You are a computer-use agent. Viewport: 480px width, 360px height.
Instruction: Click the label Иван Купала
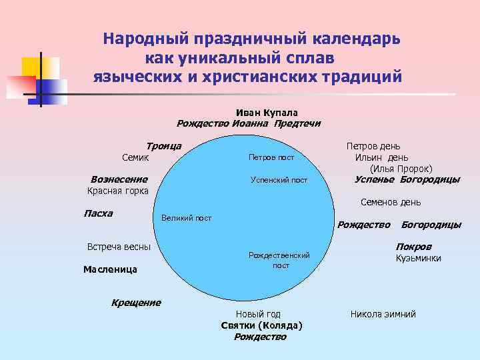[x=267, y=113]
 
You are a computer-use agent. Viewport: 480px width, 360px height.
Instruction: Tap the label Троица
[x=164, y=146]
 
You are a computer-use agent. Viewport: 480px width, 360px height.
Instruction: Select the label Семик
[x=135, y=158]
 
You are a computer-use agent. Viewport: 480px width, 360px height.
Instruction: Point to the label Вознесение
[x=119, y=179]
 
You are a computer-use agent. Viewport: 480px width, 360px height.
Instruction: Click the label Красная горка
[x=118, y=191]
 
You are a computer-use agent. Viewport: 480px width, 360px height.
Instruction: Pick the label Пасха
[x=98, y=213]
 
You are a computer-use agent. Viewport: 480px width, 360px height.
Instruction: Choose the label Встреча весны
[x=119, y=247]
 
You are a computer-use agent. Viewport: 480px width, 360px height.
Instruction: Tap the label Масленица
[x=110, y=269]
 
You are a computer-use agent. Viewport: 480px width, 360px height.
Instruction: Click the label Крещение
[x=136, y=303]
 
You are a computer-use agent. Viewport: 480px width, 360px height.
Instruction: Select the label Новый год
[x=258, y=314]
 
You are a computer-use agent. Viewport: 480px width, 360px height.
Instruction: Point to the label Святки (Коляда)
[x=261, y=325]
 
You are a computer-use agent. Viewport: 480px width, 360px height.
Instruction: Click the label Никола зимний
[x=383, y=314]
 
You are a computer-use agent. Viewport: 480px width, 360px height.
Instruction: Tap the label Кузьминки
[x=418, y=258]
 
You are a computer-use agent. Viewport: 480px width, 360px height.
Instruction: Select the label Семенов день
[x=391, y=202]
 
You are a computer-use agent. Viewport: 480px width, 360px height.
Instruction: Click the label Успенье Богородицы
[x=407, y=179]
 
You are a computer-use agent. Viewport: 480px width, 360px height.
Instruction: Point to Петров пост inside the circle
[x=271, y=158]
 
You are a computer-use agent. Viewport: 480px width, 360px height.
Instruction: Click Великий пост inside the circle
[x=187, y=218]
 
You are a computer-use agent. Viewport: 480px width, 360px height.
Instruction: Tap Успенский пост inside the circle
[x=279, y=180]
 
